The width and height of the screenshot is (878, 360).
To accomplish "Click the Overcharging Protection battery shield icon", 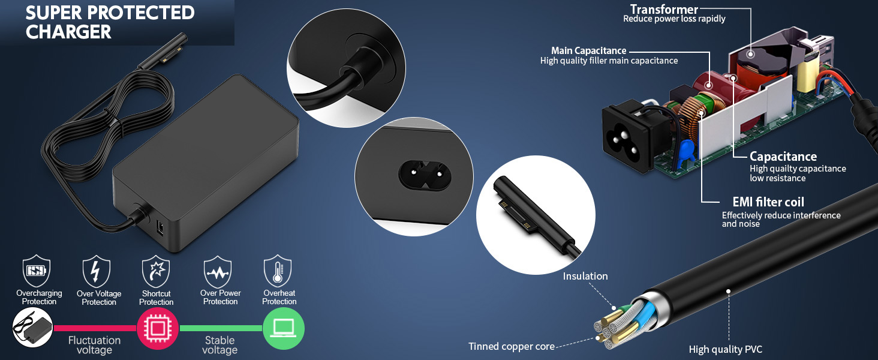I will [x=36, y=272].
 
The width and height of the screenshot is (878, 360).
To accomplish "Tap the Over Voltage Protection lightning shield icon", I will [x=96, y=272].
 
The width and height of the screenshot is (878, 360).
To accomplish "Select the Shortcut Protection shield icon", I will [x=156, y=272].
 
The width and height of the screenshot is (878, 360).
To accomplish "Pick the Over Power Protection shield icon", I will [x=218, y=272].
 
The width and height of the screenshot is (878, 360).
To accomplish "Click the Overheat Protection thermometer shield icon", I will [x=278, y=272].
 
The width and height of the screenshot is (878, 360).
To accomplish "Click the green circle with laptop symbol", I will [x=284, y=329].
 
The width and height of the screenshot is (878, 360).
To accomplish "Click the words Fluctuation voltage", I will [x=94, y=345].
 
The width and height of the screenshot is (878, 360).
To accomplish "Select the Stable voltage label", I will [x=220, y=345].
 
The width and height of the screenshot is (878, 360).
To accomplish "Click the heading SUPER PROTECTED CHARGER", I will [x=110, y=22].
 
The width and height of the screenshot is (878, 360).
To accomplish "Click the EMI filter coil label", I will [x=768, y=202].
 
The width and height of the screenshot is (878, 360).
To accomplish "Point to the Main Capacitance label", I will [x=588, y=51].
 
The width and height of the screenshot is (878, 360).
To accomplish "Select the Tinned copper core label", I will [x=511, y=346].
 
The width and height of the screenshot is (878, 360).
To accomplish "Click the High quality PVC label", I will [x=726, y=349].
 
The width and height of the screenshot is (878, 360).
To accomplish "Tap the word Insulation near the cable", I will [x=585, y=276].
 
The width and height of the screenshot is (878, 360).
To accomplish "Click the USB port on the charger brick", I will [x=161, y=227].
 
